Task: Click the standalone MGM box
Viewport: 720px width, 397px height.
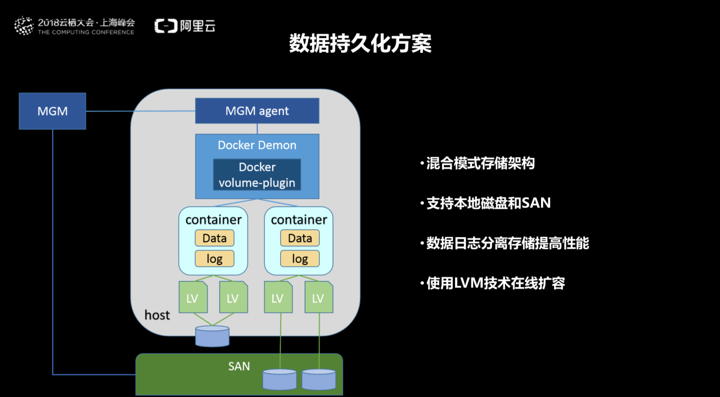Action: click(x=52, y=111)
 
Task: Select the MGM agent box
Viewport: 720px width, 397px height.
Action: click(x=257, y=111)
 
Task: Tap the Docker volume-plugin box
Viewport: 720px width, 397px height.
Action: click(x=257, y=175)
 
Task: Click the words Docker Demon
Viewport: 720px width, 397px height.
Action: click(x=257, y=145)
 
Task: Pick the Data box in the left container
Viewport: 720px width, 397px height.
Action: click(x=214, y=238)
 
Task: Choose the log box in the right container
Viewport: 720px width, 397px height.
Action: click(x=300, y=259)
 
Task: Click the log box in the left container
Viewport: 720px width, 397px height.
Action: click(x=214, y=259)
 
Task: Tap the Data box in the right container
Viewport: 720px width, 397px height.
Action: click(x=300, y=238)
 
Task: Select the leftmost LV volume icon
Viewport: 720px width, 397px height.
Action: click(x=192, y=298)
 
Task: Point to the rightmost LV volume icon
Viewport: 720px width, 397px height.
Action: click(x=318, y=298)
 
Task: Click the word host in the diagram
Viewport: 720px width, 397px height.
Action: click(x=157, y=315)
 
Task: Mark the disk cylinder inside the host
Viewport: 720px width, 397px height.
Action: click(x=213, y=336)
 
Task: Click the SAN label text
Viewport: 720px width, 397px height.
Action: click(x=239, y=367)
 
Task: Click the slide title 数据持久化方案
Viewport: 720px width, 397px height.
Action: click(x=360, y=44)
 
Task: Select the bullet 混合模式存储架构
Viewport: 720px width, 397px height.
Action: click(x=480, y=163)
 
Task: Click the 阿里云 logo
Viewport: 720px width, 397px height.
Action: click(x=185, y=25)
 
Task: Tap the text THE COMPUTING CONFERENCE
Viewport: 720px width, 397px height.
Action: click(x=86, y=33)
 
